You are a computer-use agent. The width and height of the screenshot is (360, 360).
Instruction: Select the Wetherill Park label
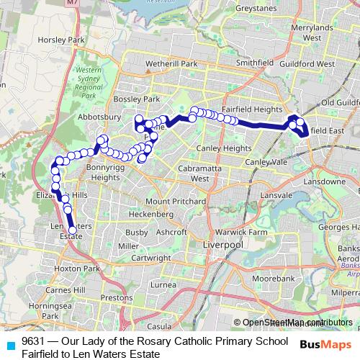coord(171,64)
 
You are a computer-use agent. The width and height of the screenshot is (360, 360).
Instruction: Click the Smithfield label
coord(256,63)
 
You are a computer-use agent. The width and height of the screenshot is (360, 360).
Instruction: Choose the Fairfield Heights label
coord(251,109)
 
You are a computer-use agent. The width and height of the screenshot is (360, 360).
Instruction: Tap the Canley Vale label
coord(266,162)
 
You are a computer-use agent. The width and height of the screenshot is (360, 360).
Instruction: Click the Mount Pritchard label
coord(172,201)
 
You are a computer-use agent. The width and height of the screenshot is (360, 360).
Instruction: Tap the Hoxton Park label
coord(81,269)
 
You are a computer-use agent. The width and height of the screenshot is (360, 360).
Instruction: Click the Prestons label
coord(117,296)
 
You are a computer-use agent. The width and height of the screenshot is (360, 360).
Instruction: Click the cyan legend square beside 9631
coord(9,342)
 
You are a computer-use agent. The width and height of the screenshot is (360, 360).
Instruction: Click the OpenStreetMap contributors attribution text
coord(297,322)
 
